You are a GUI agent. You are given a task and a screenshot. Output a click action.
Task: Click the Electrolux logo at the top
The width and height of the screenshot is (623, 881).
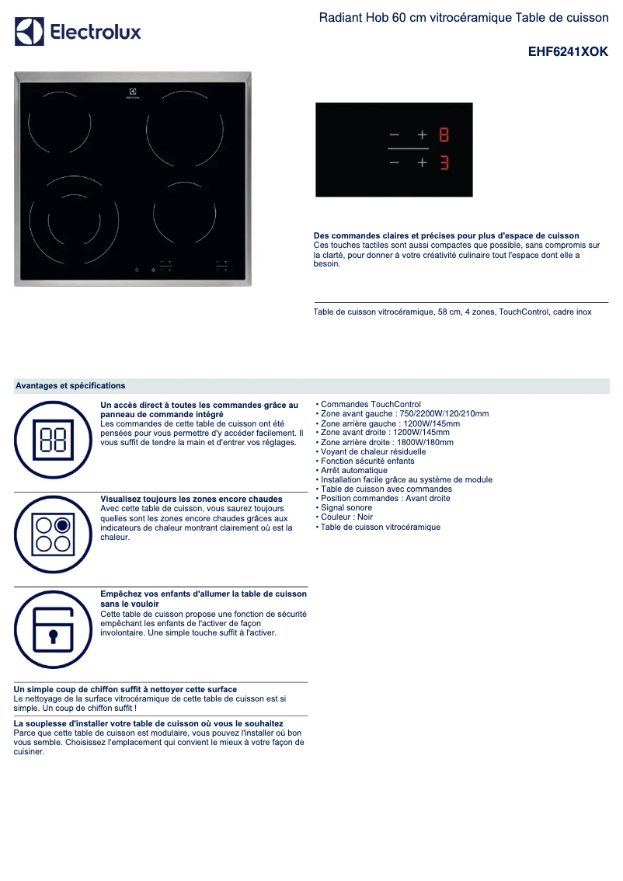(78, 32)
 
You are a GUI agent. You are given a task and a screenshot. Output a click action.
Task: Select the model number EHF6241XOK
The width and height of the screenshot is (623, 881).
(568, 52)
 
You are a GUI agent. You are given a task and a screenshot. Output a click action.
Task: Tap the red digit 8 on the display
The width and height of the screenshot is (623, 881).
(444, 135)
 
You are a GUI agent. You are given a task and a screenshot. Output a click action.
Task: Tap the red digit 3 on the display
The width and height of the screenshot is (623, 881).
(444, 163)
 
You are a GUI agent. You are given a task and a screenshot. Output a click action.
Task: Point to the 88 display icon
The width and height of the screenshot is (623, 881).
(53, 439)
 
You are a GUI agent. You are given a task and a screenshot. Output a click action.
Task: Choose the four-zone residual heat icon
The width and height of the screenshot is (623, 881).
(53, 534)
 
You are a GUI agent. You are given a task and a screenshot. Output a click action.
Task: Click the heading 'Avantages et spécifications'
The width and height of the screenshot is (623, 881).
(71, 385)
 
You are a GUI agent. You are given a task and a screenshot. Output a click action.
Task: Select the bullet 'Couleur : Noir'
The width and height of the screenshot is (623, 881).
(346, 517)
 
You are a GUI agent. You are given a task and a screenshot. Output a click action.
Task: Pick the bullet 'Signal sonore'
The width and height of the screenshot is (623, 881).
(346, 508)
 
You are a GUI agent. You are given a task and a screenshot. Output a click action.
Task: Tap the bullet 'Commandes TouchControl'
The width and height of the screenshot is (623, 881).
(371, 405)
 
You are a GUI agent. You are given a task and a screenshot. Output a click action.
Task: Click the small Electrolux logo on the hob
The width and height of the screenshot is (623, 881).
(133, 93)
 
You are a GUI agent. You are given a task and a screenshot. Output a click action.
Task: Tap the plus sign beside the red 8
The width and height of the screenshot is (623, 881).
(423, 135)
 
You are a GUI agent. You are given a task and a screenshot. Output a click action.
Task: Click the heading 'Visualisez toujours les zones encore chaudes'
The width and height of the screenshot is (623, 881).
(191, 499)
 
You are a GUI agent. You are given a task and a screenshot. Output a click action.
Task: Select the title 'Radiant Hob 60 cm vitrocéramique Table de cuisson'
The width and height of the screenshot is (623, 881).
(463, 17)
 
